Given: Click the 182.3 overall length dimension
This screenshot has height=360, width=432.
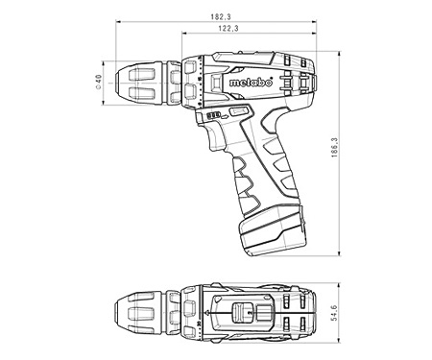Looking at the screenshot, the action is point(221,16).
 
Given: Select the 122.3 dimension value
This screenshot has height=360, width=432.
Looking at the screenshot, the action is point(228,28).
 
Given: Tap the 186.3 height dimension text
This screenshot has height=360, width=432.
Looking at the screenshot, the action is point(334,148).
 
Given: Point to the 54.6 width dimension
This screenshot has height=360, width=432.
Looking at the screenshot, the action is point(334,313).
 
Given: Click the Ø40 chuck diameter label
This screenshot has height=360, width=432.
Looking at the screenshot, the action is point(98,82).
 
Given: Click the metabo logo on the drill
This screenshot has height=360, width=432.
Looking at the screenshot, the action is point(252,83).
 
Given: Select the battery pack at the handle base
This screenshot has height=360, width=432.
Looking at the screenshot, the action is point(272,231).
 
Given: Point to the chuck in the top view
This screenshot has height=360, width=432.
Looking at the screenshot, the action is point(141,313).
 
